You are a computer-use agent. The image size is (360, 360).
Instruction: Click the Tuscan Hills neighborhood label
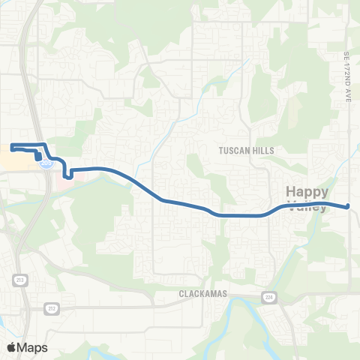tap(246, 151)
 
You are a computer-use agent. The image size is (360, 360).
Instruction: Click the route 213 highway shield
tap(17, 279)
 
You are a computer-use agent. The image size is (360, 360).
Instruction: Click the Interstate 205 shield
tap(46, 162)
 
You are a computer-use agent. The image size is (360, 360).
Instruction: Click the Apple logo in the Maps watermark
tap(12, 347)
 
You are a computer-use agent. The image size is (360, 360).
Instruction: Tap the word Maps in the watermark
tap(32, 347)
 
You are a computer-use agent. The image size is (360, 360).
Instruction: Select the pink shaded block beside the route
tap(62, 166)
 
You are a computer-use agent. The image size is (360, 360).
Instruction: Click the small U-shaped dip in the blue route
tap(68, 175)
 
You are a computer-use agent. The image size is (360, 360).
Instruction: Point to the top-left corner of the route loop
tap(12, 144)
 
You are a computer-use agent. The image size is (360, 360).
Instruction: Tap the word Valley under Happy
tap(307, 207)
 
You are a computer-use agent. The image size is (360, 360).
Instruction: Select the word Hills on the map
tap(262, 151)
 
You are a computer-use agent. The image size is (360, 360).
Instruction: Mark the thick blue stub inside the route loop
tap(37, 154)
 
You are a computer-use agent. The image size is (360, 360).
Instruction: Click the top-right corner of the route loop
tap(46, 144)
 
